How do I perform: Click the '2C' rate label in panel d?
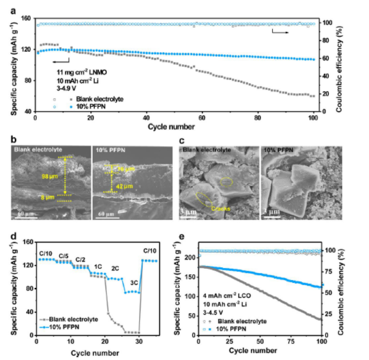(x=115, y=268)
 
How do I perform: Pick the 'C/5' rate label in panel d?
(x=63, y=255)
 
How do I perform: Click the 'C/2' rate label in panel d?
(x=81, y=259)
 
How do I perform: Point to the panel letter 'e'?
(x=183, y=238)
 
